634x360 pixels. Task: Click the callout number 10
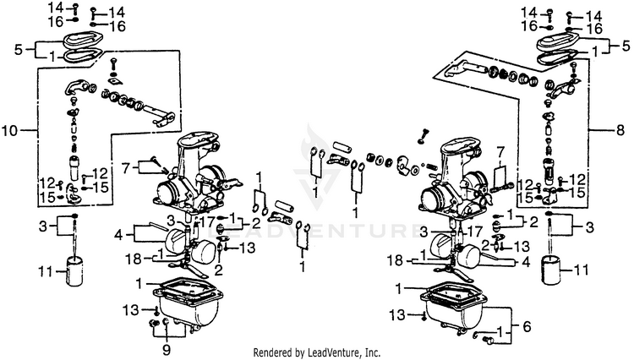[10, 131]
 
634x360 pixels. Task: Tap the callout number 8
[622, 131]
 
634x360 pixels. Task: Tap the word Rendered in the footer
[276, 352]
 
